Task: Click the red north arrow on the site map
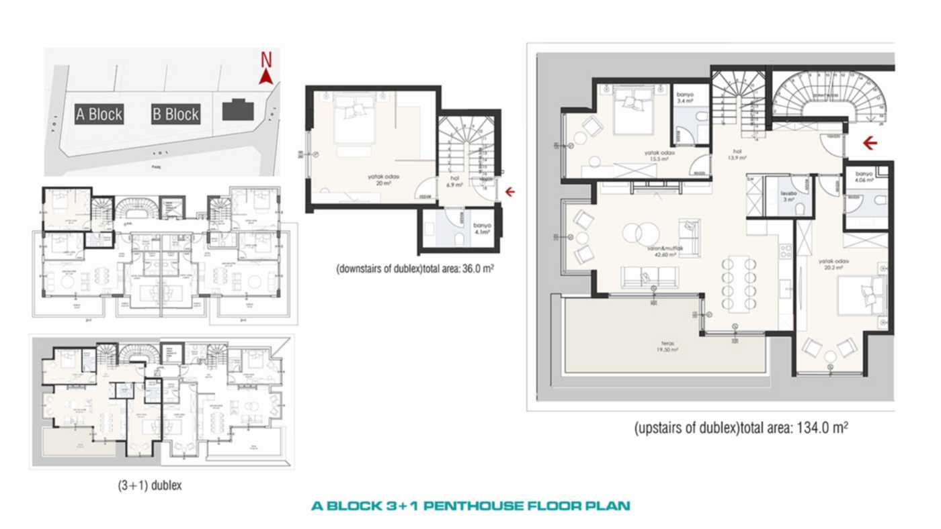(x=265, y=76)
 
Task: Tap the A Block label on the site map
(x=99, y=114)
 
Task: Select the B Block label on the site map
(x=175, y=114)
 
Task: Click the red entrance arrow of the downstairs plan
(x=510, y=192)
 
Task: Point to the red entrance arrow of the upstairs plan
(x=870, y=142)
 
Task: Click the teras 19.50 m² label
(x=667, y=348)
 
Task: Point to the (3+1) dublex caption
(x=149, y=485)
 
